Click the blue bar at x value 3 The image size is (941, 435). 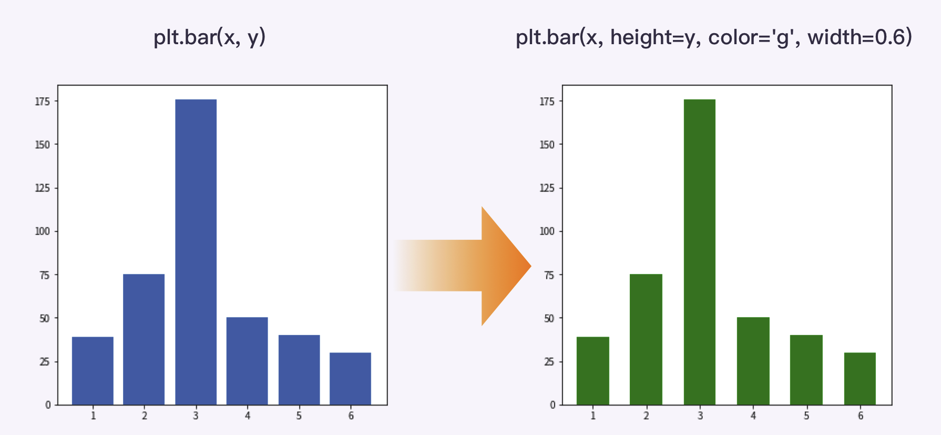pos(196,252)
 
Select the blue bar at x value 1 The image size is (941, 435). pos(93,370)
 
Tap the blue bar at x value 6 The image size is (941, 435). pos(350,378)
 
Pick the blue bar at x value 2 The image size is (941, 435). pos(144,339)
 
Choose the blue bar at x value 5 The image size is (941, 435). pos(299,370)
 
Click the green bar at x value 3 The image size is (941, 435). pos(699,252)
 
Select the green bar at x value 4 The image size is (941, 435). pos(753,361)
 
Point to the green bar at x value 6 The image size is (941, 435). pos(860,378)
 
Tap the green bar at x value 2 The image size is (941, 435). pos(646,339)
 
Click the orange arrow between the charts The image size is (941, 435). pos(473,266)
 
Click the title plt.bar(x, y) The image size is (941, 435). pos(209,37)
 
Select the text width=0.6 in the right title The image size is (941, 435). pos(859,37)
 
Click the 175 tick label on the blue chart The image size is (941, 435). pos(42,101)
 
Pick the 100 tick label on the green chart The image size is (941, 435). pos(547,231)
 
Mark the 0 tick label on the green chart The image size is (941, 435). pos(552,404)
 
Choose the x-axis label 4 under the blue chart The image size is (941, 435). pos(247,416)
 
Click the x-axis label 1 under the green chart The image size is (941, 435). pos(593,416)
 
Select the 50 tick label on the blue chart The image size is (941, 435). pos(45,318)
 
